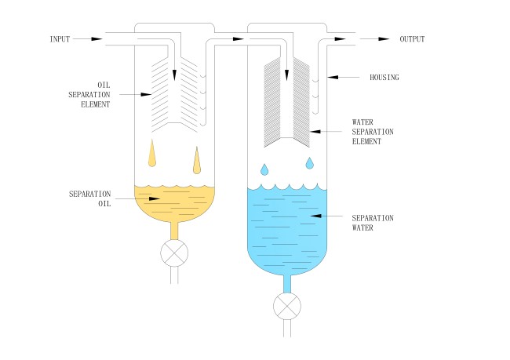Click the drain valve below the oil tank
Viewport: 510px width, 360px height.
[x=175, y=252]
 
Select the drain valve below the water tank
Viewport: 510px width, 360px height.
[x=288, y=305]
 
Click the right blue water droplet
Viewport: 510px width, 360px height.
[x=310, y=163]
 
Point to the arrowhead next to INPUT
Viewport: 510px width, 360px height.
[x=95, y=38]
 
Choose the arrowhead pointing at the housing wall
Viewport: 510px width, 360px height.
[x=333, y=76]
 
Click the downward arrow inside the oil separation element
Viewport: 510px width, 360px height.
[x=175, y=72]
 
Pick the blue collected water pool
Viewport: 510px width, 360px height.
[x=287, y=227]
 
